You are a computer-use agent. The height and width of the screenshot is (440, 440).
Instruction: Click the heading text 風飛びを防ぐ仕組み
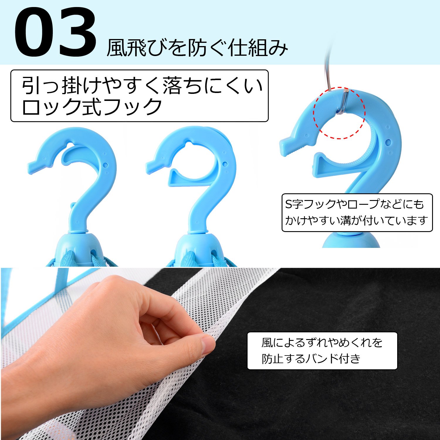point(197,48)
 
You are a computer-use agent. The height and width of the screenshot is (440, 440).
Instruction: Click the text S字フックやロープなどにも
point(355,204)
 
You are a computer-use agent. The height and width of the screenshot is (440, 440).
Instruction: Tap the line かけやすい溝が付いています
point(356,220)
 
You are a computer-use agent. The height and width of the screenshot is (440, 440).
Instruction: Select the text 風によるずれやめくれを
point(322,342)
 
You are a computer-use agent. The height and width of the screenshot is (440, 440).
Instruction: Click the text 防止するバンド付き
point(311,358)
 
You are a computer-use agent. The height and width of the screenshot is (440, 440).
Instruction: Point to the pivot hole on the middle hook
point(225,164)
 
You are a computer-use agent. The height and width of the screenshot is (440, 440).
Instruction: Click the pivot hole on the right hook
point(388,142)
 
